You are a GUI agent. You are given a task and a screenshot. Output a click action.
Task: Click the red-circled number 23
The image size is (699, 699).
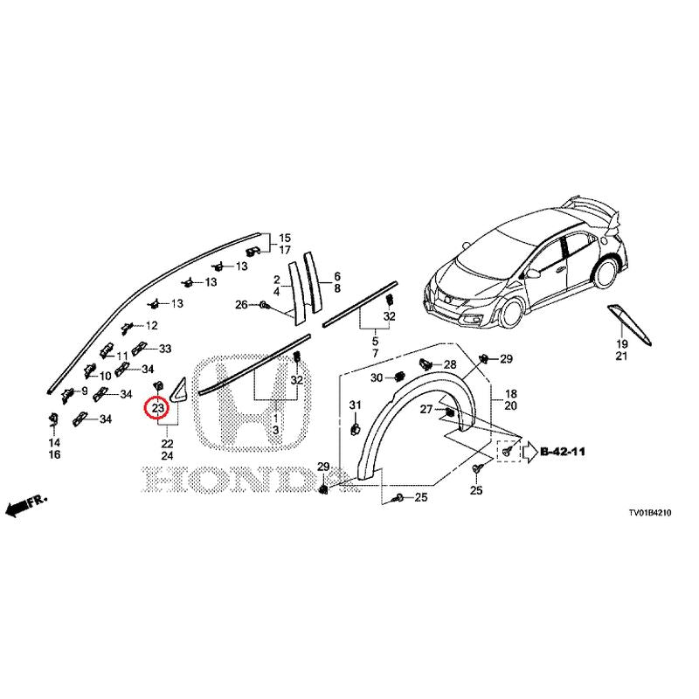(158, 408)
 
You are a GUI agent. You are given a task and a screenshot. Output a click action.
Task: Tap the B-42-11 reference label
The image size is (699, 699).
(563, 452)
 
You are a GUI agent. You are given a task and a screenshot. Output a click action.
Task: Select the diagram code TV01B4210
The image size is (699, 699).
(650, 513)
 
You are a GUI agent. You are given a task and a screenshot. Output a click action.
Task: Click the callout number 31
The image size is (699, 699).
(355, 405)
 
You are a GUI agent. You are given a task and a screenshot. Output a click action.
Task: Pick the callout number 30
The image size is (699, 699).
(377, 378)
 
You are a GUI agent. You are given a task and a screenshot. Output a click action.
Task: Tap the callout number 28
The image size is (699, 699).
(450, 364)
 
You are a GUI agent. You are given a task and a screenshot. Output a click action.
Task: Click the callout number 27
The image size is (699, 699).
(426, 409)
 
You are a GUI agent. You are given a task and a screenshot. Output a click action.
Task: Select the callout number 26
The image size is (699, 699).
(241, 305)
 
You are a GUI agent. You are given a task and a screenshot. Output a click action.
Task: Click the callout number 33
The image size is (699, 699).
(165, 349)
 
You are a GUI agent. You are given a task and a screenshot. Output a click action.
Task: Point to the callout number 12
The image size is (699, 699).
(151, 325)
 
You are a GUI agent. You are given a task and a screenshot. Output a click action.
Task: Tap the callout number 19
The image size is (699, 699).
(622, 344)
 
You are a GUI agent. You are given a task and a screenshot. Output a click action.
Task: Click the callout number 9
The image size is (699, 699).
(85, 391)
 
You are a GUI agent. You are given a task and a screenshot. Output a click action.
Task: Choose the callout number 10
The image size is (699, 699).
(105, 377)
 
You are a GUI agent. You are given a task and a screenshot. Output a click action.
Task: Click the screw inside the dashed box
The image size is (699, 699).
(506, 452)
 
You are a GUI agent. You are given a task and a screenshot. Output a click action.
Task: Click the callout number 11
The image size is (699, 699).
(122, 356)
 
